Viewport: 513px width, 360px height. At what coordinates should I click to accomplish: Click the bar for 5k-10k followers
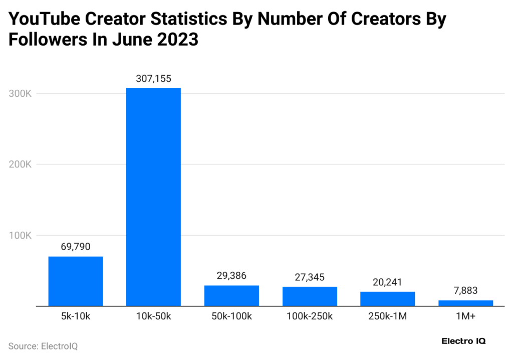76,281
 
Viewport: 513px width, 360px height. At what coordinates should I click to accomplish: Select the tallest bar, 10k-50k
153,197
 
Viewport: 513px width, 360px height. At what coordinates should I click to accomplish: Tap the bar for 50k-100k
231,295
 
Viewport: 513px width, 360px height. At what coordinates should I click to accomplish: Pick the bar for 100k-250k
310,296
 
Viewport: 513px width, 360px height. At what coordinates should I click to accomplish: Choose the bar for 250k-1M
387,298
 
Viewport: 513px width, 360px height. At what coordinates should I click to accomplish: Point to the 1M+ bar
465,303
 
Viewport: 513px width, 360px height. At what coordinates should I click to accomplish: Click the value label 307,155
153,79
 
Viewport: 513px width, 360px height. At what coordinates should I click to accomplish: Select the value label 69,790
76,247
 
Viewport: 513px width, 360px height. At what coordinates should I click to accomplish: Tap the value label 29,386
231,276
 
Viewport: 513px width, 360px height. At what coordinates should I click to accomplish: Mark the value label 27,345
310,277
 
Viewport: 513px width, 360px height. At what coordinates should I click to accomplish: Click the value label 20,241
387,282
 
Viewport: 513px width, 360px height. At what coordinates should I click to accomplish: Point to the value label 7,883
465,291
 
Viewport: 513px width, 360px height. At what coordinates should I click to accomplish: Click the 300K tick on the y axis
21,94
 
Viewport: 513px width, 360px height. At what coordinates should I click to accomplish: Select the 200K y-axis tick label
21,164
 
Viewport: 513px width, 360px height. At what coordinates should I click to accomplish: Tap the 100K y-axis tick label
21,235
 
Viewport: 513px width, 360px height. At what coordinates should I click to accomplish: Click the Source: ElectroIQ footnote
43,346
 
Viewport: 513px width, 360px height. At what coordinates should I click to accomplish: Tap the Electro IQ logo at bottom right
463,341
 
